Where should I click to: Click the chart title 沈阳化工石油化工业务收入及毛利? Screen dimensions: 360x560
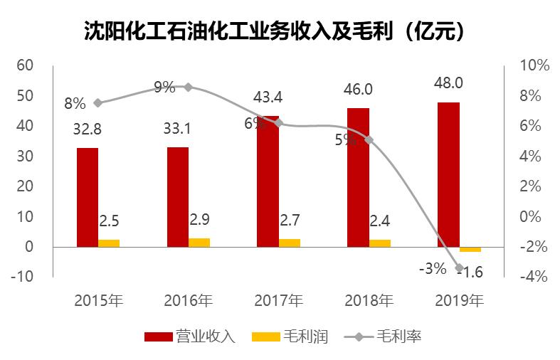pyautogui.click(x=280, y=31)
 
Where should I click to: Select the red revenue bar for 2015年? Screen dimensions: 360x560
pyautogui.click(x=88, y=197)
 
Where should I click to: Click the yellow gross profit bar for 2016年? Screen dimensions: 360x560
pyautogui.click(x=199, y=243)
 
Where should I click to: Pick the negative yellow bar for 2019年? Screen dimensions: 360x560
pyautogui.click(x=470, y=249)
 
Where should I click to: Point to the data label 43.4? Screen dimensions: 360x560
pyautogui.click(x=268, y=96)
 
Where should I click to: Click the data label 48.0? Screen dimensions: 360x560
pyautogui.click(x=448, y=83)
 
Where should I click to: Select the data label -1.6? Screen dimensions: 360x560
pyautogui.click(x=469, y=271)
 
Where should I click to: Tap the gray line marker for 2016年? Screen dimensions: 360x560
pyautogui.click(x=188, y=87)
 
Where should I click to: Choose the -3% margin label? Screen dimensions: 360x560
pyautogui.click(x=432, y=268)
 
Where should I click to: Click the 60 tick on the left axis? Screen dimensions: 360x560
pyautogui.click(x=26, y=65)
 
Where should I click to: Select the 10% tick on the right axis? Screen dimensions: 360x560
pyautogui.click(x=534, y=65)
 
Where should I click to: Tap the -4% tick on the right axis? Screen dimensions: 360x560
pyautogui.click(x=534, y=277)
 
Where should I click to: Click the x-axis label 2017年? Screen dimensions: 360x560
pyautogui.click(x=278, y=300)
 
